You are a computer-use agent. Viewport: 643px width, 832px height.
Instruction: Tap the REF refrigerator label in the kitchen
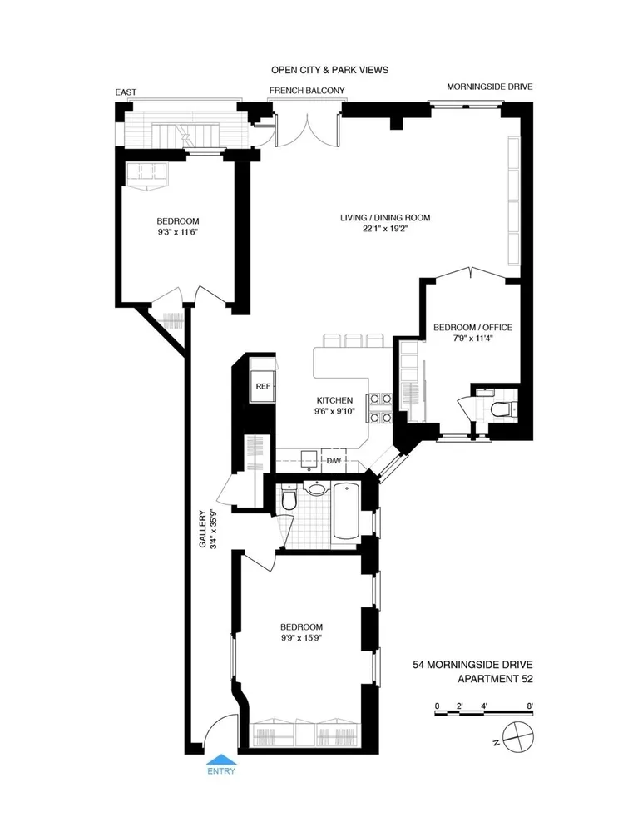click(x=263, y=386)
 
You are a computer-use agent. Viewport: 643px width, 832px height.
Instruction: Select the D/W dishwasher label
click(x=334, y=460)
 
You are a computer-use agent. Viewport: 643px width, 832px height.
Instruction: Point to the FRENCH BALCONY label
click(x=306, y=90)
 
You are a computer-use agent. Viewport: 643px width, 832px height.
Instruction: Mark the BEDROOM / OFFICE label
click(x=472, y=328)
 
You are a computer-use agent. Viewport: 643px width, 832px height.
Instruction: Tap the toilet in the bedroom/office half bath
click(x=500, y=409)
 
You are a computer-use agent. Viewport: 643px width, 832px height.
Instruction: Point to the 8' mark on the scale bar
click(x=529, y=706)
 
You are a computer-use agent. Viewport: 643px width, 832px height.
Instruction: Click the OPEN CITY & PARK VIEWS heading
click(x=329, y=70)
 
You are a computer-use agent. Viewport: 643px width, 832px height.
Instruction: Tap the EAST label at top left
click(x=126, y=93)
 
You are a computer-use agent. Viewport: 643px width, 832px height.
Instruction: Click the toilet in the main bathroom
click(x=287, y=501)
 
